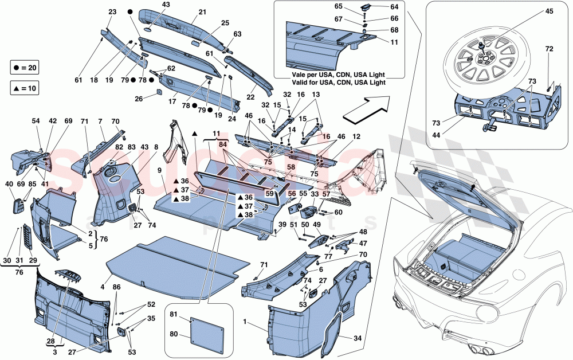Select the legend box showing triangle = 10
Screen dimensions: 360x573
click(x=26, y=89)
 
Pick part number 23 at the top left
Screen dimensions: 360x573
click(x=111, y=12)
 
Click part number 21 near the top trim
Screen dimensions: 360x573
click(x=202, y=12)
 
